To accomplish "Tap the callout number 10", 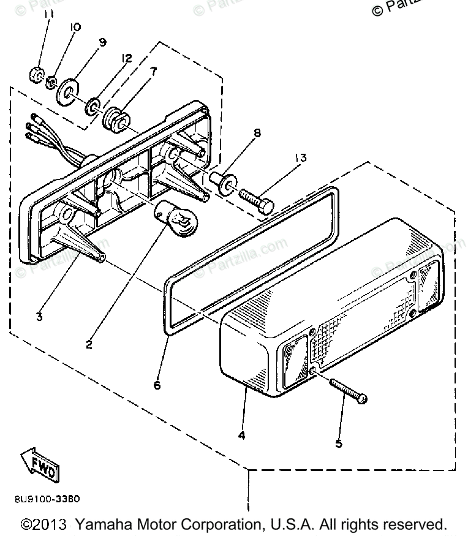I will (x=75, y=28).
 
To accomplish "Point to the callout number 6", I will (x=157, y=386).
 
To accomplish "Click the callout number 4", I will (x=242, y=436).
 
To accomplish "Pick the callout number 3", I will (x=39, y=317).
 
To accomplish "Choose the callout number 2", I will (x=89, y=344).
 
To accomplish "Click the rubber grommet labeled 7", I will (x=115, y=117).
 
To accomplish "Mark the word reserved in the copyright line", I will (x=416, y=525).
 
